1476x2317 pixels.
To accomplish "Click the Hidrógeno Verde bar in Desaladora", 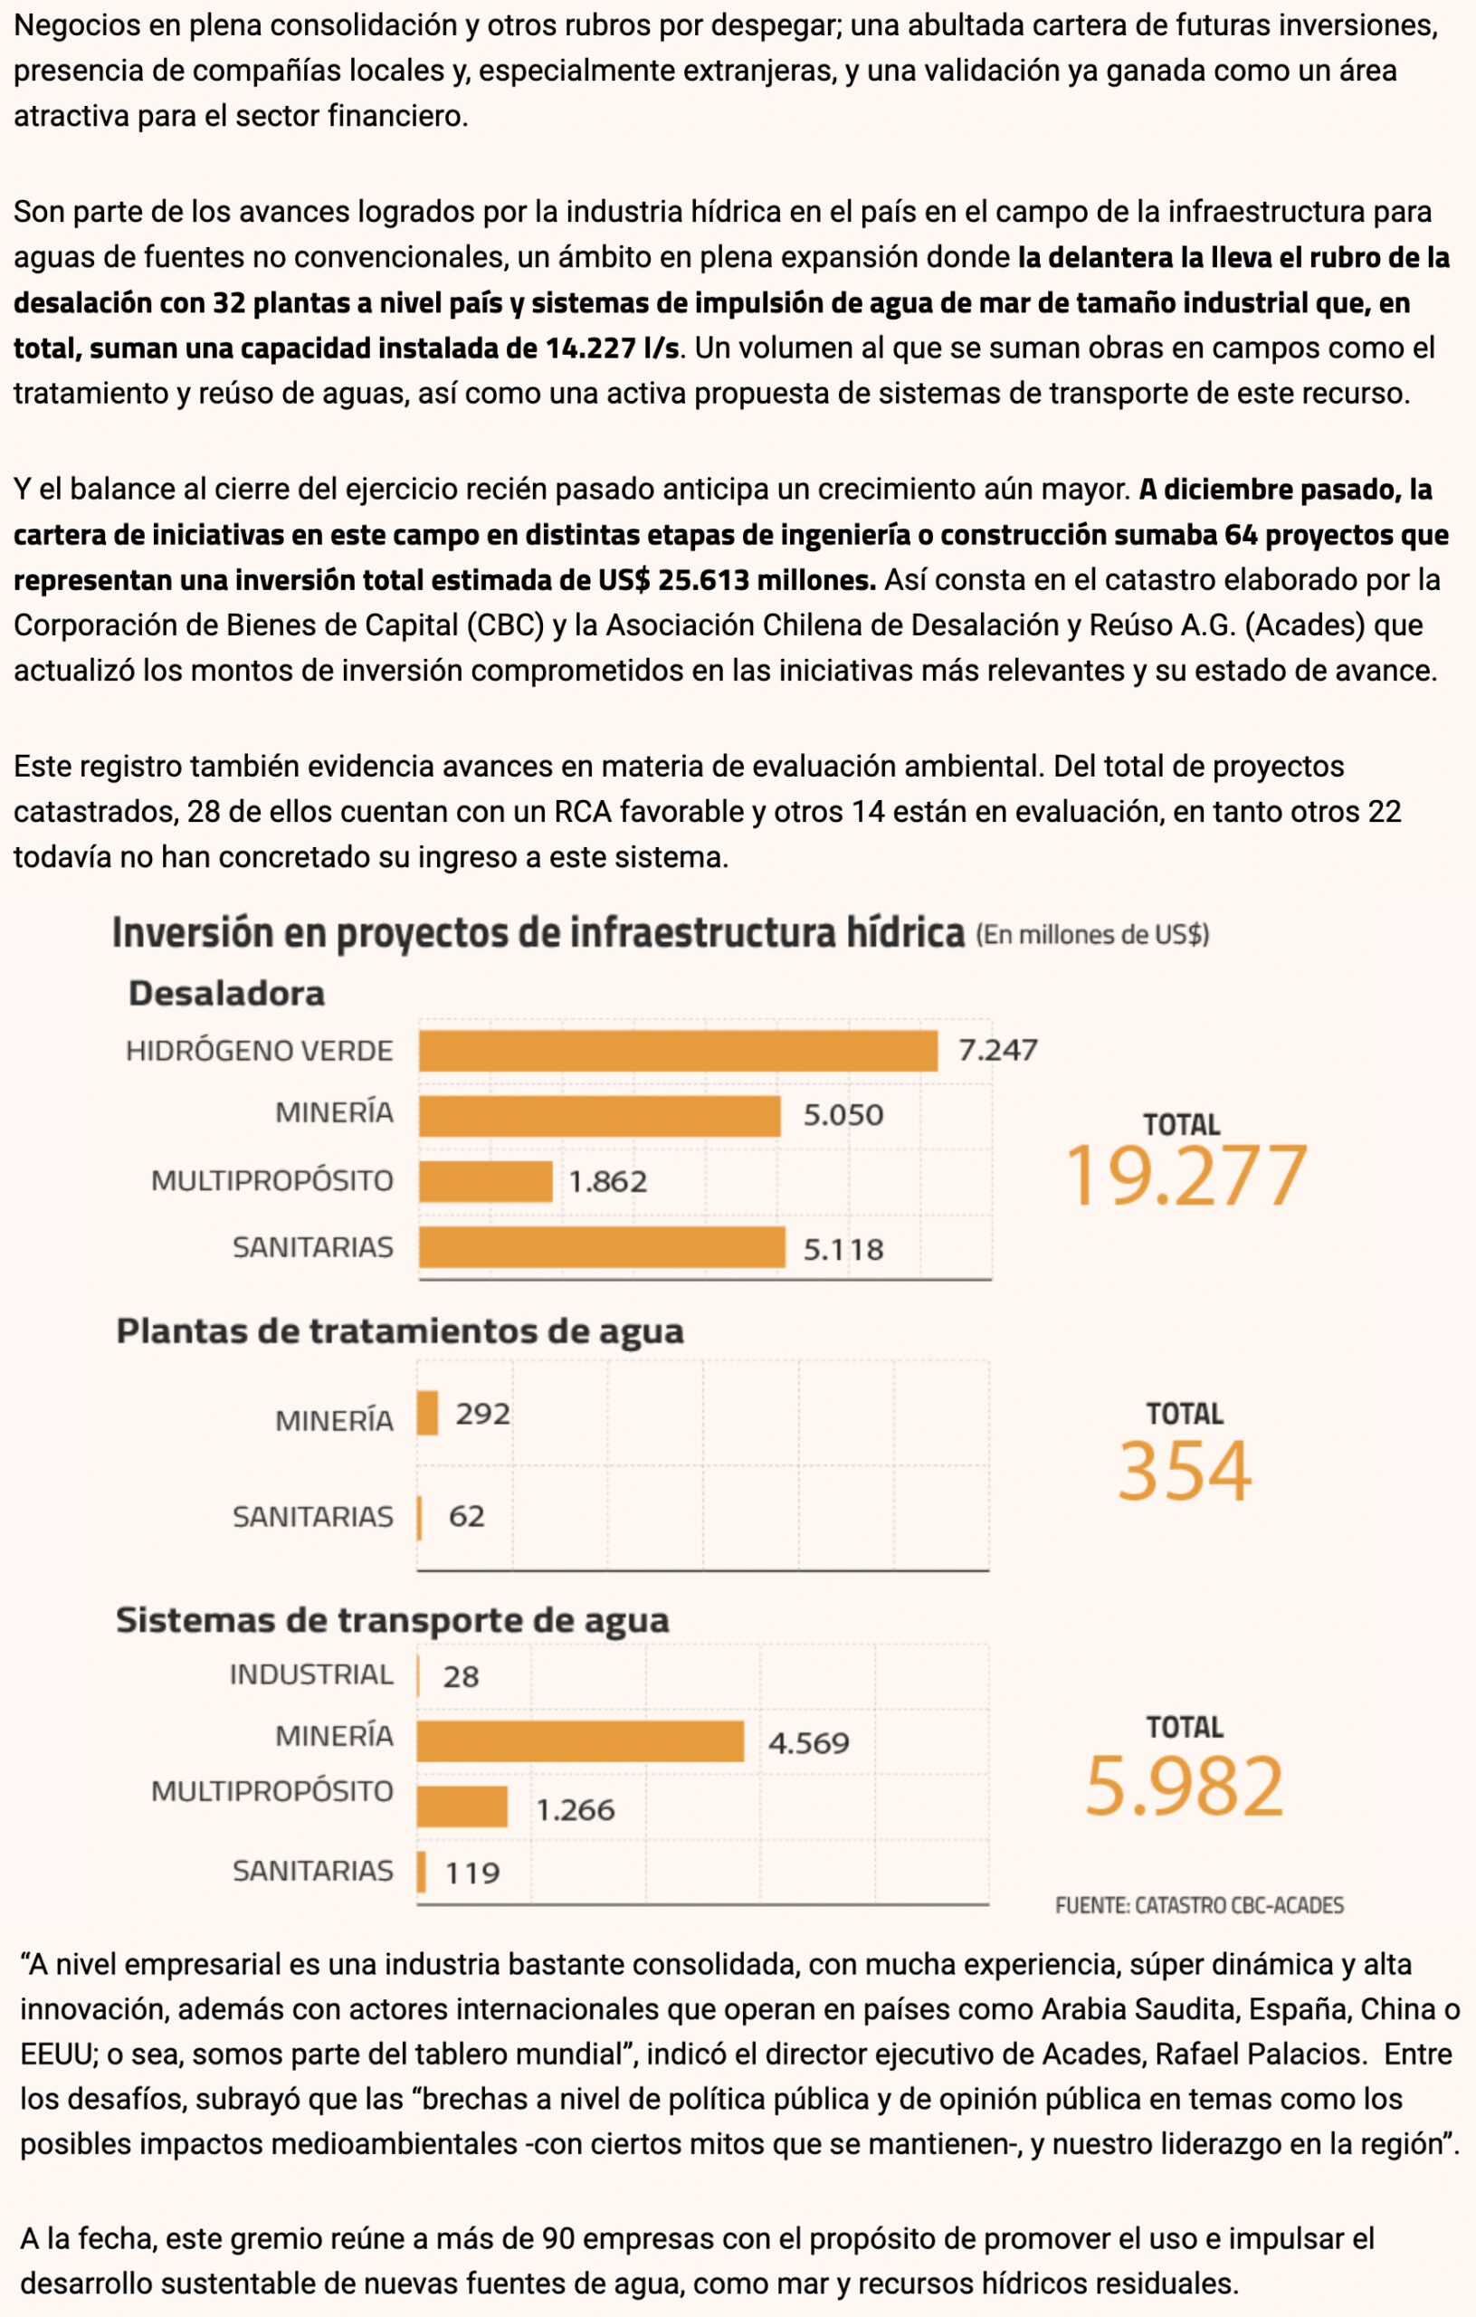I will (678, 1050).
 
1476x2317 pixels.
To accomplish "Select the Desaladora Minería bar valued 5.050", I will (599, 1115).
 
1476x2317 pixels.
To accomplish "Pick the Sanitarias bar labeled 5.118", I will (602, 1247).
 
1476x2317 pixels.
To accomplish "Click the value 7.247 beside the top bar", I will (998, 1050).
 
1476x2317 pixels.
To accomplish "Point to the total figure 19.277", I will (1185, 1176).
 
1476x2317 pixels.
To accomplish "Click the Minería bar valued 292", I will (427, 1414).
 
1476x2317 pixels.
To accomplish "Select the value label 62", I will (467, 1516).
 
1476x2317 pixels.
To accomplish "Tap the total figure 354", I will (1185, 1472).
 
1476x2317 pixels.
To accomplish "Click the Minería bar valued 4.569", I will (580, 1741).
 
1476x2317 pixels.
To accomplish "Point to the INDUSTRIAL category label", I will (310, 1675).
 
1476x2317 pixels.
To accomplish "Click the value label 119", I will (472, 1873).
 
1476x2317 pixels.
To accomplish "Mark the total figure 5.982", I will (1185, 1786).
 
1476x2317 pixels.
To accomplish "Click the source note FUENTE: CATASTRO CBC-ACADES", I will (1199, 1905).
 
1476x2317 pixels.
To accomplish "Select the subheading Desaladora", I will (226, 993).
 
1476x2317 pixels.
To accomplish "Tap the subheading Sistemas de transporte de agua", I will (392, 1620).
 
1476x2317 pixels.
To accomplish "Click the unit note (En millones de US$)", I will (1092, 934).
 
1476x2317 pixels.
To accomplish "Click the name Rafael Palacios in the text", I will (1259, 2055).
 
